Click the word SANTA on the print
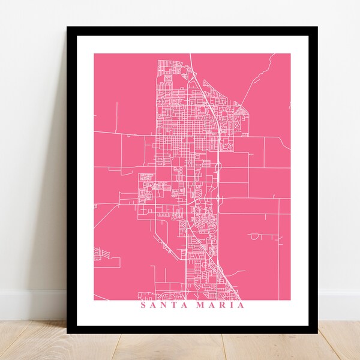tap(161, 304)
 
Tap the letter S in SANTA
tap(143, 304)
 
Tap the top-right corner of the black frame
tap(318, 28)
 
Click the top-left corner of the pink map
tap(94, 54)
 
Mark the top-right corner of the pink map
tap(290, 54)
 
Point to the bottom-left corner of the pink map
tap(94, 299)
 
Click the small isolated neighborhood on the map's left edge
tap(102, 256)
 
